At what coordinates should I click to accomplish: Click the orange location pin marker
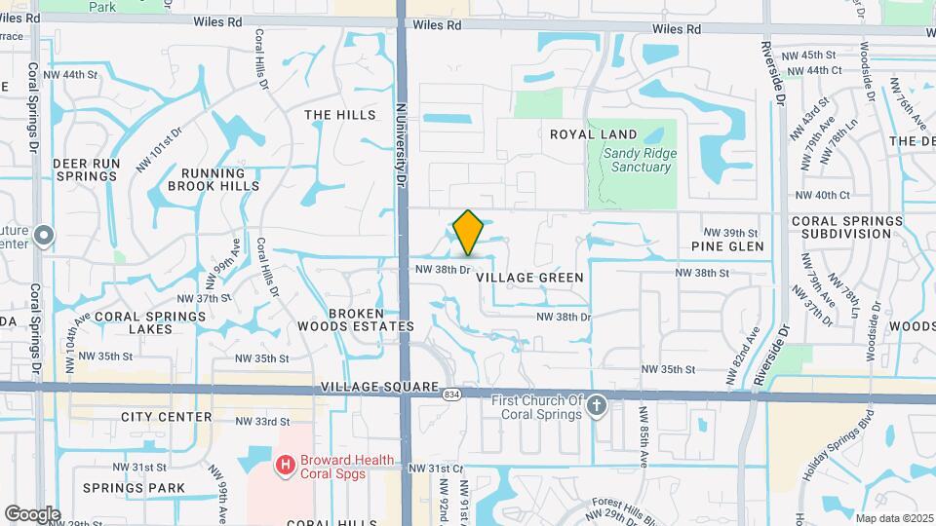click(x=468, y=232)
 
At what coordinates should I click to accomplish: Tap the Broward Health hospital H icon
click(x=286, y=466)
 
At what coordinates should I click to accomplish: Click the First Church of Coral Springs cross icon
click(x=597, y=404)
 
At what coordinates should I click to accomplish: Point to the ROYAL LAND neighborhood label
click(x=593, y=134)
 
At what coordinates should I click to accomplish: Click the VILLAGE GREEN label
click(x=530, y=278)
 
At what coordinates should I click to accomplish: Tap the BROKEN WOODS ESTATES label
click(x=356, y=319)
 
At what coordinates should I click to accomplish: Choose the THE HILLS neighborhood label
click(x=339, y=115)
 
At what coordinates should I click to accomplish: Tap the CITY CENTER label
click(x=167, y=417)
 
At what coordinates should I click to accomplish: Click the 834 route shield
click(x=450, y=394)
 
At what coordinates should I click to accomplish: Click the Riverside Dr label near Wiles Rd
click(x=779, y=73)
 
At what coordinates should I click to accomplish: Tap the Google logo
click(x=32, y=514)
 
